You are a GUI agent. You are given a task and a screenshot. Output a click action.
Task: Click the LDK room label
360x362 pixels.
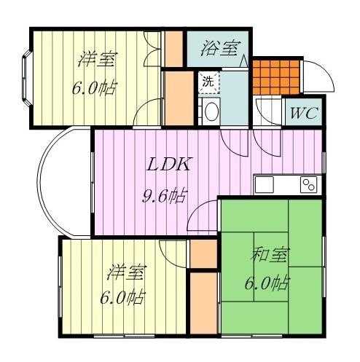tap(168, 164)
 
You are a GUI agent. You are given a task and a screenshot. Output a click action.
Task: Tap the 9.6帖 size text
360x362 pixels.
tap(165, 195)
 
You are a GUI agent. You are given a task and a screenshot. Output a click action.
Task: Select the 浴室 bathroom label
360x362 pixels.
tap(221, 48)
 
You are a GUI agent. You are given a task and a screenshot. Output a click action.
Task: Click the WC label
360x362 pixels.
tap(304, 113)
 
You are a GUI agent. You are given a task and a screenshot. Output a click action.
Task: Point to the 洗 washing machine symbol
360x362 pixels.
tap(208, 82)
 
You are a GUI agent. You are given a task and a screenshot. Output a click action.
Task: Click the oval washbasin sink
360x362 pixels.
tap(212, 111)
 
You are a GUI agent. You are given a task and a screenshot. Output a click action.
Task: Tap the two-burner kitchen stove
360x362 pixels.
tap(309, 184)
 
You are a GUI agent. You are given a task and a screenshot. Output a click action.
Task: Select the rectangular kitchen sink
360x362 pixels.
tap(265, 184)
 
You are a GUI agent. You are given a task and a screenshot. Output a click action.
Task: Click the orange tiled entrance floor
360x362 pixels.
tap(276, 77)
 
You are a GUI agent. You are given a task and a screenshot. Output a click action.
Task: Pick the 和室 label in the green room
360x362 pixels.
tap(270, 255)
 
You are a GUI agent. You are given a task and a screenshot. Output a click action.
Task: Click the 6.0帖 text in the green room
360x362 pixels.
tap(267, 283)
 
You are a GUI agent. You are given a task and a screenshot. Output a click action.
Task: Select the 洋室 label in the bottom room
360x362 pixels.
tap(127, 272)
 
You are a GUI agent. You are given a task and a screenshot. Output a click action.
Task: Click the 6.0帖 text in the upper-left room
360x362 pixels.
tap(95, 87)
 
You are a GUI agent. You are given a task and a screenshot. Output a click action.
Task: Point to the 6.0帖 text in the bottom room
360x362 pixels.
tap(123, 297)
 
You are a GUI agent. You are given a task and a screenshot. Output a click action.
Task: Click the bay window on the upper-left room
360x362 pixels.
tap(26, 78)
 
